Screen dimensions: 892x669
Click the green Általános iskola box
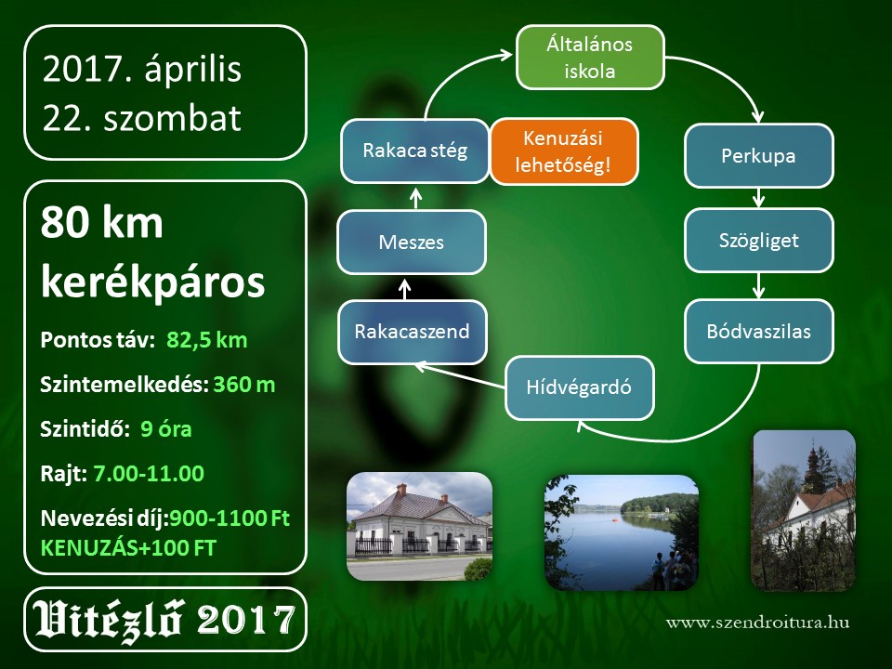point(590,58)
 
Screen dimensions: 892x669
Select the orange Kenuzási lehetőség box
point(564,151)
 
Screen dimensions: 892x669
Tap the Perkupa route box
point(759,156)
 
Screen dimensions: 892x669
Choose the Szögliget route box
point(759,240)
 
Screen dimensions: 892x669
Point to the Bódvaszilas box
point(759,331)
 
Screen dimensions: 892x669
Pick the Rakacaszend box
point(413,332)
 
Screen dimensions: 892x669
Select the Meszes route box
point(412,243)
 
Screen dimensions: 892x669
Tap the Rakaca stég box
point(415,151)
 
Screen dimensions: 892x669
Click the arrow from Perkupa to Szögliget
point(758,198)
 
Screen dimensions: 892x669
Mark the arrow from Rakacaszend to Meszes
point(404,289)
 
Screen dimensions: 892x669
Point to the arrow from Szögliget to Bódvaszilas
point(758,285)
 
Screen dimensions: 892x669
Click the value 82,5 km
point(207,340)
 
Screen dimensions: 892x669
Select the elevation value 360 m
point(244,385)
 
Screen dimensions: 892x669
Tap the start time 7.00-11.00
point(149,474)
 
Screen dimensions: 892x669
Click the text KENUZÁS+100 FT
point(128,548)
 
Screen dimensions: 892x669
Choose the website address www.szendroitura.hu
point(758,622)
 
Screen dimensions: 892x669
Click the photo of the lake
point(622,532)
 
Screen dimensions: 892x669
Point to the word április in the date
point(193,70)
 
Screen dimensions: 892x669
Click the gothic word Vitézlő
point(108,620)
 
